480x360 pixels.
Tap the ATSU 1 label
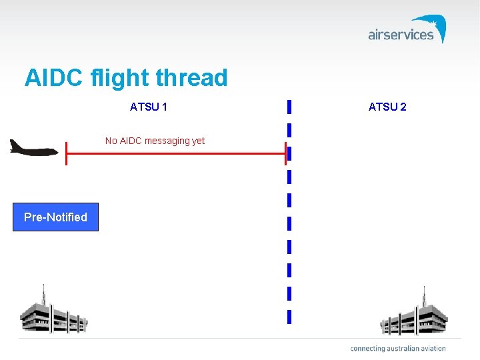[149, 107]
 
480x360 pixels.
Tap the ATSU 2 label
[387, 107]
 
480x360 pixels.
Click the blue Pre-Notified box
[55, 217]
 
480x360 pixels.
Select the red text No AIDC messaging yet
[155, 141]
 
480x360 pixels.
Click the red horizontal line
[176, 154]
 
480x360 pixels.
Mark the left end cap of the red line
[66, 154]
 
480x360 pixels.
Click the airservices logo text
[401, 35]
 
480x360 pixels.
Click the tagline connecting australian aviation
[397, 349]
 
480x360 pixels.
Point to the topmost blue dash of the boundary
[289, 107]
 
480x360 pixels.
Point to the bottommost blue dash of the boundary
[289, 317]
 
